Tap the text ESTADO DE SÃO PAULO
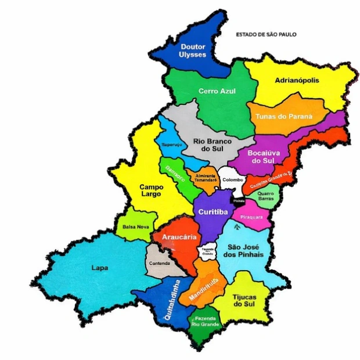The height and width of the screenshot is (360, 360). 266,35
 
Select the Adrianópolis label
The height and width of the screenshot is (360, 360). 297,80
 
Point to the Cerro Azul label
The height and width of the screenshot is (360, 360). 216,91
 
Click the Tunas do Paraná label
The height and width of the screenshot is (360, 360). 284,116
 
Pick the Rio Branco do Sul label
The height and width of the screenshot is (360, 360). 212,145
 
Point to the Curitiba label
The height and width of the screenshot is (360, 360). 211,213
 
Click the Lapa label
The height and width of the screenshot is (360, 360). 99,268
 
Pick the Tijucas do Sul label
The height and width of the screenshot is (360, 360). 243,299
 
